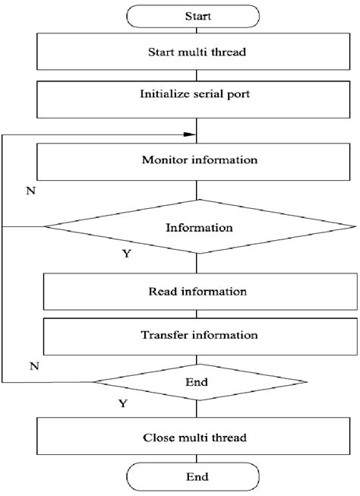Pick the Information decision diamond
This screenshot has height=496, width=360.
(200, 226)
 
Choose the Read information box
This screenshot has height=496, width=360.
(200, 291)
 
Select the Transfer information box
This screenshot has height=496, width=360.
(200, 334)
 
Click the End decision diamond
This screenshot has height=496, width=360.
(200, 382)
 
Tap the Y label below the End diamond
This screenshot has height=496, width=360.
(122, 405)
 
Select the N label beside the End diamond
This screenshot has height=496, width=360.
(33, 366)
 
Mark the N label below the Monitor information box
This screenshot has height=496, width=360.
(30, 191)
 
